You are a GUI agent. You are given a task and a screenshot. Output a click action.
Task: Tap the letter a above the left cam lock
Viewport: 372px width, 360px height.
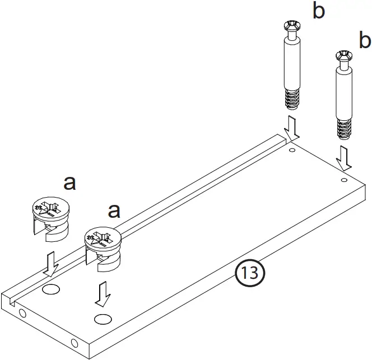[x=70, y=183]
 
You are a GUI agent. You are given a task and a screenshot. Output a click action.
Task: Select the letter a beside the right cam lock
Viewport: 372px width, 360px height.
[x=114, y=211]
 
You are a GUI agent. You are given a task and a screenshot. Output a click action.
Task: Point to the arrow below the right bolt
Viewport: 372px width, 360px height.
[x=345, y=158]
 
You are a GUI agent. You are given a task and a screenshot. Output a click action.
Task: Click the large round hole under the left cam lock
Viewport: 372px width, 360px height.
[x=51, y=289]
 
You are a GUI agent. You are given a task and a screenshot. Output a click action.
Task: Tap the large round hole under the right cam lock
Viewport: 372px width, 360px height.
[x=103, y=319]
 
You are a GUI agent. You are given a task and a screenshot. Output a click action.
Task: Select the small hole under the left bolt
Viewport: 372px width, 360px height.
[x=291, y=150]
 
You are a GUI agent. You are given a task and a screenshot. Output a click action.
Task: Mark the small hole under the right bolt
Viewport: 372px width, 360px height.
[x=343, y=180]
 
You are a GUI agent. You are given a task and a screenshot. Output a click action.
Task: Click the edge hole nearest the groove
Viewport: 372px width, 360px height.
[x=23, y=313]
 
